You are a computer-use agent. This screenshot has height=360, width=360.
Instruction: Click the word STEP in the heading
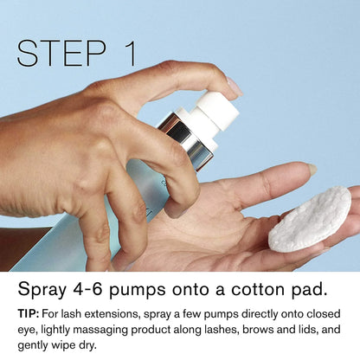[x=61, y=54]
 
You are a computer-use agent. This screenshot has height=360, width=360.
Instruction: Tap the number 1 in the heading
[x=130, y=54]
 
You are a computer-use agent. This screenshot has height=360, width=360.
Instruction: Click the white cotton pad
[x=310, y=218]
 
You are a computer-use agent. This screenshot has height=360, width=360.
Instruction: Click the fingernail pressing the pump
[x=235, y=86]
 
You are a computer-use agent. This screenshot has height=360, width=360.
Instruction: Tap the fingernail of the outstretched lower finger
[x=312, y=169]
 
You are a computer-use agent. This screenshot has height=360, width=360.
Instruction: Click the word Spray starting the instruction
[x=42, y=289]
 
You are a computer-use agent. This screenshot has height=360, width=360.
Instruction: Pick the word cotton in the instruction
[x=257, y=289]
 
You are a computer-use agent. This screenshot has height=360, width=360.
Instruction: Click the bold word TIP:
[x=29, y=313]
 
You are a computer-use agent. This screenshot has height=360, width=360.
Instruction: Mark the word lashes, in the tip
[x=222, y=330]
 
